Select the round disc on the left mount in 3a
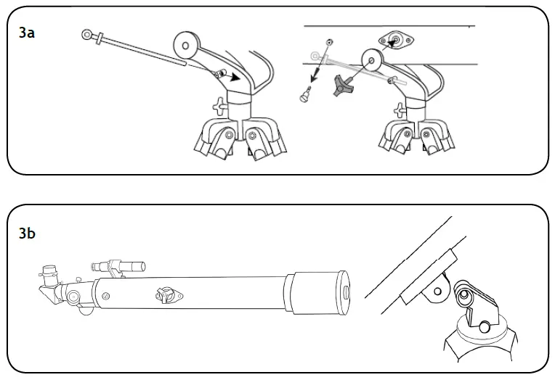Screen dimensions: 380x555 click(186, 45)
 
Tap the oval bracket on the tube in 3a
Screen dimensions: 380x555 click(395, 41)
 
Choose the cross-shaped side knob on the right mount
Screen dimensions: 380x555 click(399, 111)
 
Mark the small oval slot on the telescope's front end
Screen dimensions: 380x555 click(346, 292)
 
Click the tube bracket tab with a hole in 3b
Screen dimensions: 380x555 click(438, 291)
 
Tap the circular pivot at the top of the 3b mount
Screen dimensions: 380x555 click(464, 296)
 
